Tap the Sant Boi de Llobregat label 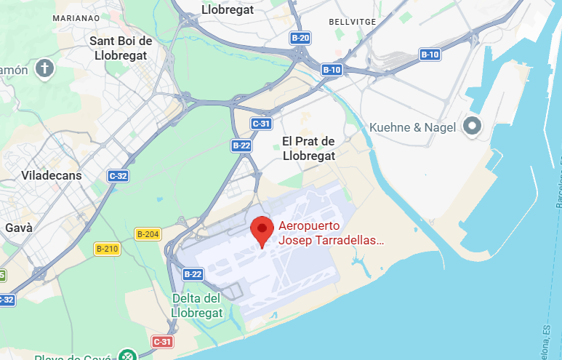click(x=121, y=47)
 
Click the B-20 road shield click(x=300, y=38)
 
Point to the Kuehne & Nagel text click(x=412, y=127)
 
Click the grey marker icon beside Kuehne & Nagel click(x=473, y=127)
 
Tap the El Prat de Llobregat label click(x=308, y=148)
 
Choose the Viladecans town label click(x=52, y=175)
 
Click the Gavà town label click(x=19, y=228)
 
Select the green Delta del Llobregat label click(x=196, y=305)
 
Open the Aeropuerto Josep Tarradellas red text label click(x=331, y=233)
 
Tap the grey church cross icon click(x=45, y=70)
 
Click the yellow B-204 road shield click(x=148, y=233)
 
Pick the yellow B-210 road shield click(x=107, y=249)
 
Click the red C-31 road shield click(x=163, y=341)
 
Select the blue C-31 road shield click(x=261, y=124)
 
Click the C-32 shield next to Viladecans click(x=118, y=175)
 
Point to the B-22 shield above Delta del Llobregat click(x=193, y=274)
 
